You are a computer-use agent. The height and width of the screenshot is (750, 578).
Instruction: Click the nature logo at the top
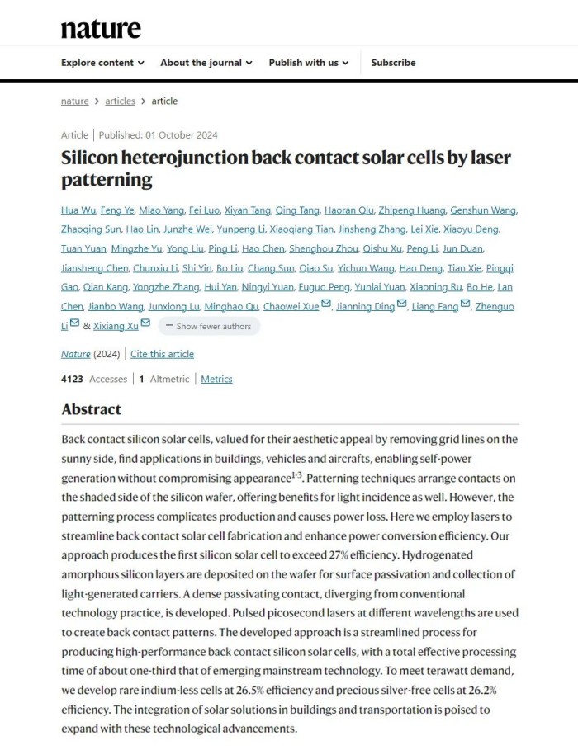click(x=101, y=29)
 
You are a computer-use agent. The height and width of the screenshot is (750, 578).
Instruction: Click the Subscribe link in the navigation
click(x=393, y=63)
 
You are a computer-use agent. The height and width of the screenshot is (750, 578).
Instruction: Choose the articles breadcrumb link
click(x=120, y=101)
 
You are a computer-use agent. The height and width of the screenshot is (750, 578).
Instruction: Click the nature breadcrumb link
click(x=74, y=101)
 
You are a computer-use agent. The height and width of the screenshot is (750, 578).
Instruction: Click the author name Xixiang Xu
click(x=116, y=326)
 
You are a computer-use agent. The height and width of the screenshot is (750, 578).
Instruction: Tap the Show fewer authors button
click(x=210, y=326)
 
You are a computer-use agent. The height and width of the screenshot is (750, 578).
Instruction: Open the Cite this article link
click(x=162, y=354)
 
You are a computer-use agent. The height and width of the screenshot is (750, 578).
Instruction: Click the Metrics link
click(x=216, y=380)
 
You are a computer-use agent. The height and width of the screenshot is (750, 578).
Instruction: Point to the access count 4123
click(x=73, y=380)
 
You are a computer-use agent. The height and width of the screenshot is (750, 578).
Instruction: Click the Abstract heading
click(x=91, y=409)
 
